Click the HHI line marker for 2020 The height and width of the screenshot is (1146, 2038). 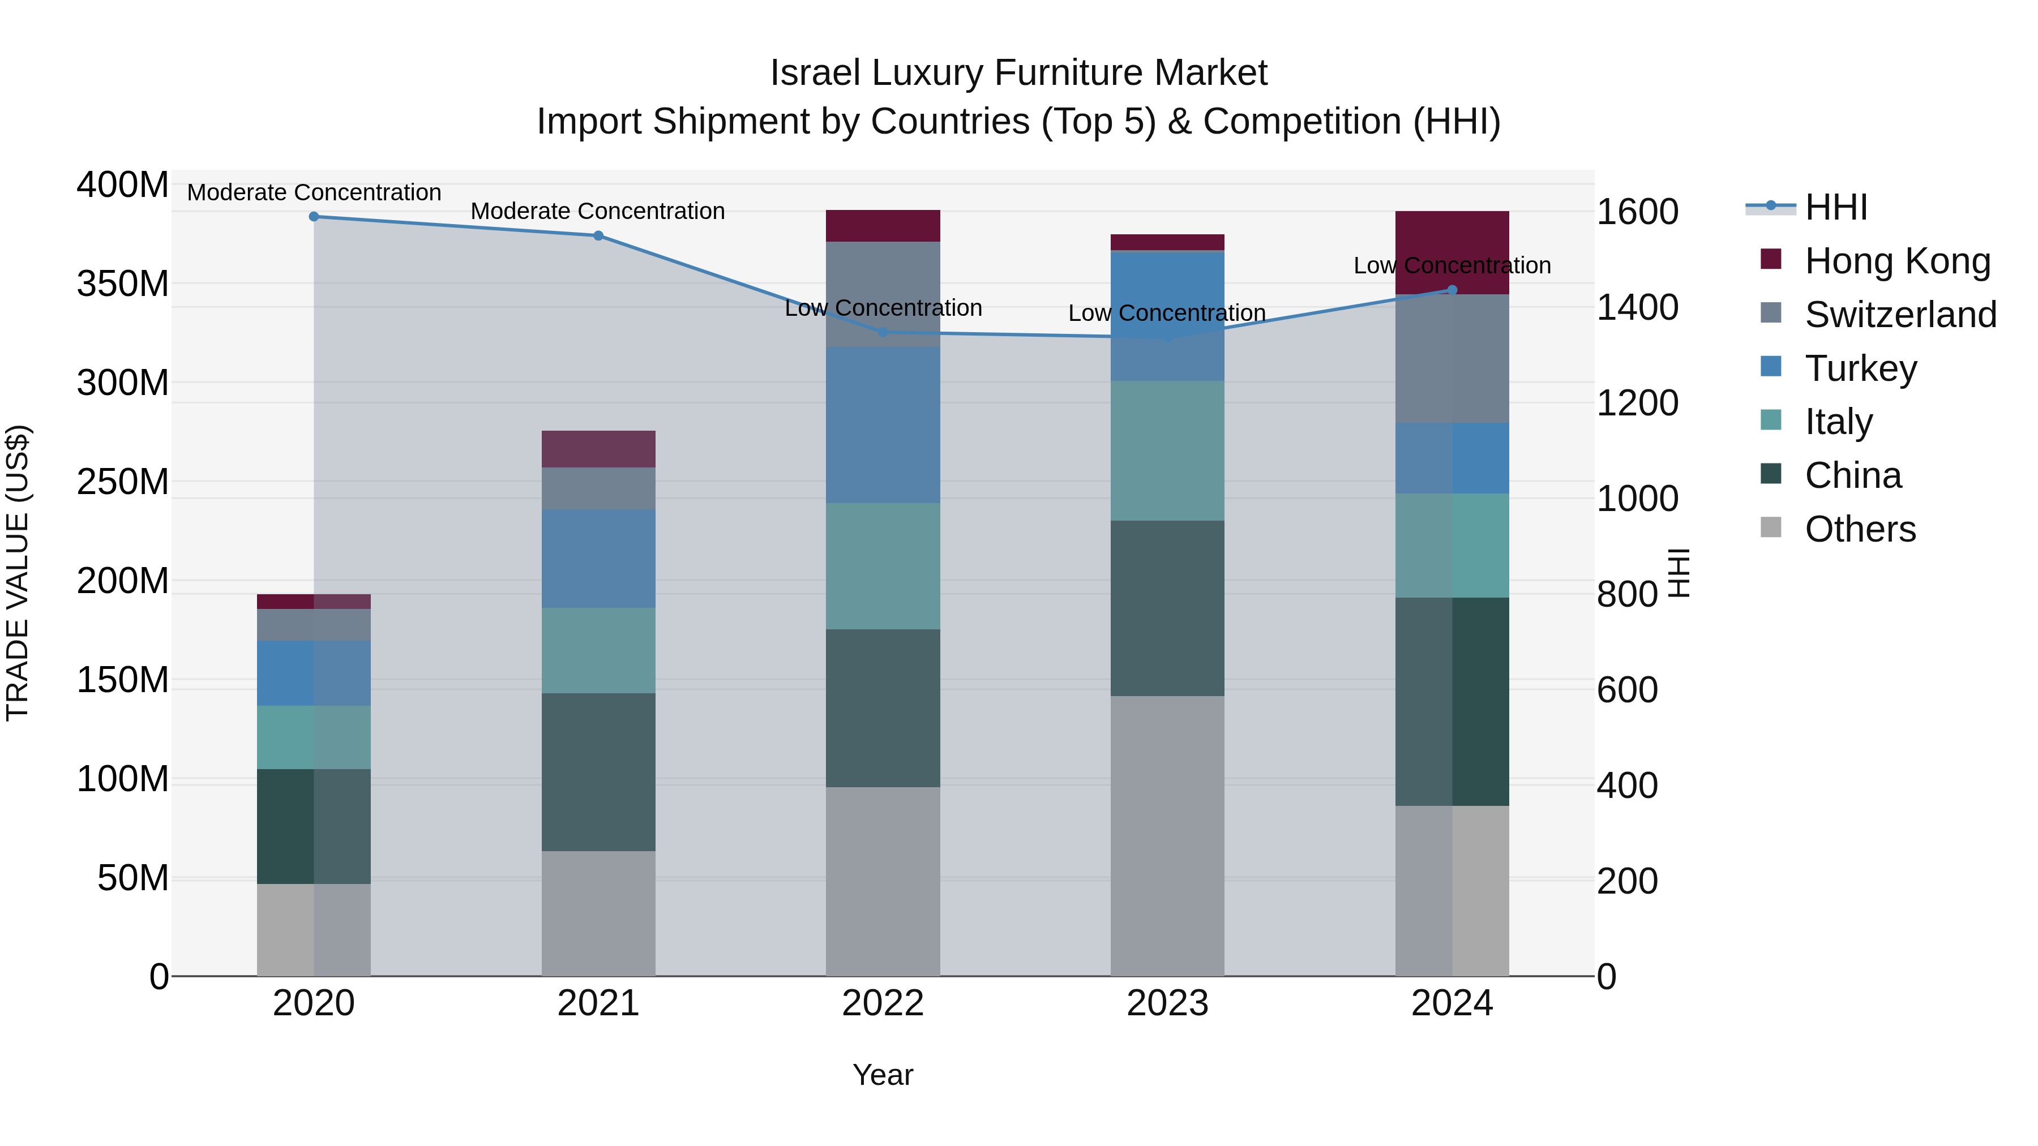(314, 217)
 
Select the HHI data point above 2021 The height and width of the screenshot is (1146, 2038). (598, 235)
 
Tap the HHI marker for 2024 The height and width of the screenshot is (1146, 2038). (1452, 290)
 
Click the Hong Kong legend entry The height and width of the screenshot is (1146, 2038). (1897, 261)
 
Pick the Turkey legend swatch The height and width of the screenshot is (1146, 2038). (1771, 367)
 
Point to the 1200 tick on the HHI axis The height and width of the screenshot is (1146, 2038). (1637, 404)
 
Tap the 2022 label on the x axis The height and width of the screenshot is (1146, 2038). (883, 1003)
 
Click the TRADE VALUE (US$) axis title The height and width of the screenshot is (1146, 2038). (18, 573)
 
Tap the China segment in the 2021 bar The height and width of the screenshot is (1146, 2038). (598, 772)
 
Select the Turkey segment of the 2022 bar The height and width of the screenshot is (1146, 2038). (883, 424)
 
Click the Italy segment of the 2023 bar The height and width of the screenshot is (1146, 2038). (1167, 451)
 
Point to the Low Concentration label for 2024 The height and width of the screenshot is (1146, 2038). (1452, 266)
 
